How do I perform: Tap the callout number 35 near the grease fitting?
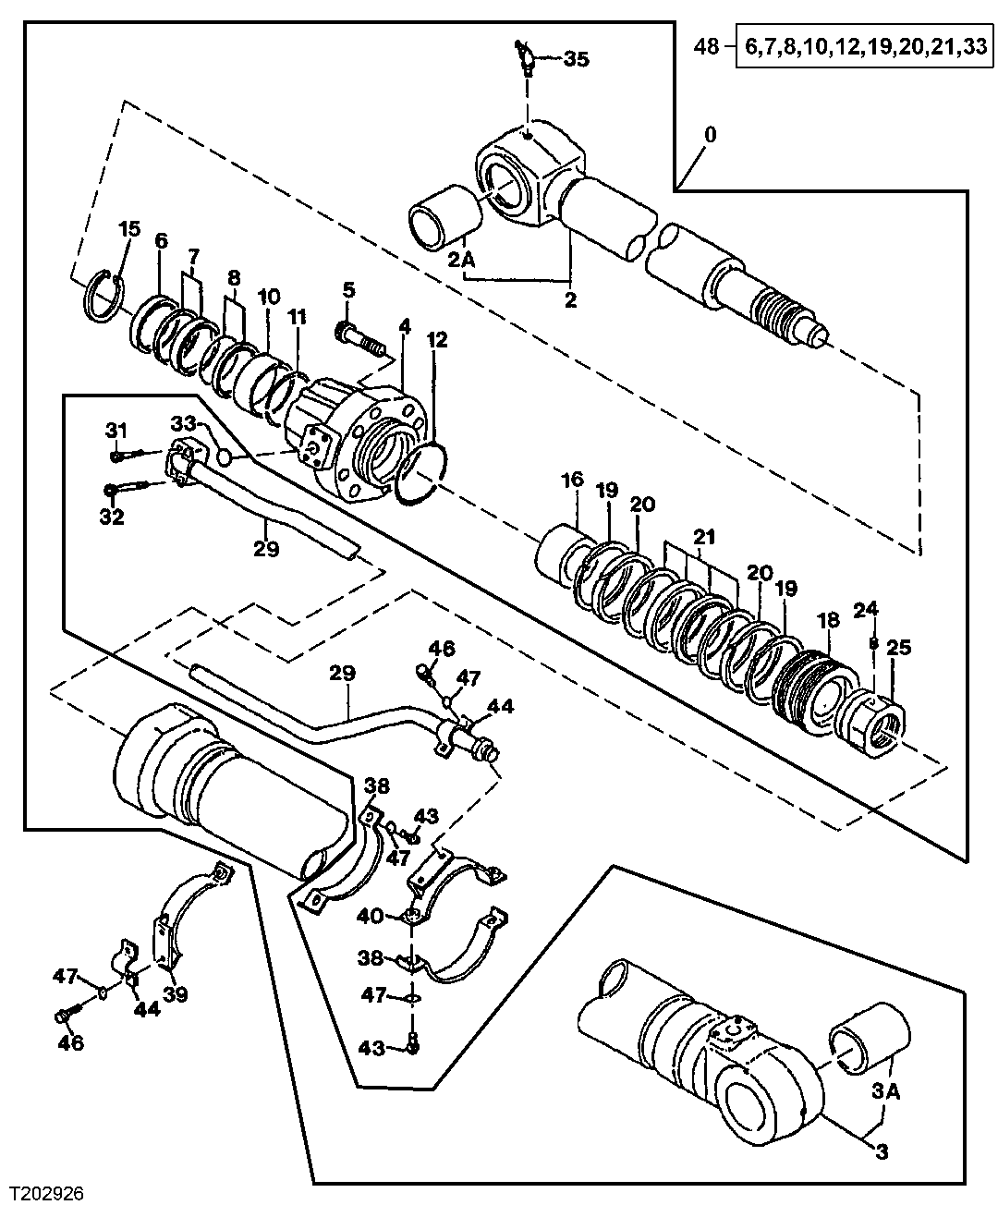tap(576, 60)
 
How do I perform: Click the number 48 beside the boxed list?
tap(706, 46)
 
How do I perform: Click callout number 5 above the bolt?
tap(348, 290)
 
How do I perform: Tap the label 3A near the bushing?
tap(883, 1091)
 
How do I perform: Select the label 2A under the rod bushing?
tap(462, 261)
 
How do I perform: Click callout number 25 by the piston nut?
tap(898, 648)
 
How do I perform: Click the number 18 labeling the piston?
tap(829, 620)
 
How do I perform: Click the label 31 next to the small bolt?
tap(116, 430)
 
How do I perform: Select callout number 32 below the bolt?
tap(112, 517)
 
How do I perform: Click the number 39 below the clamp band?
tap(175, 994)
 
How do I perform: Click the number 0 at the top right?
tap(710, 135)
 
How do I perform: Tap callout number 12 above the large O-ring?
tap(437, 340)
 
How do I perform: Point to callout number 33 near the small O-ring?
tap(183, 423)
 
